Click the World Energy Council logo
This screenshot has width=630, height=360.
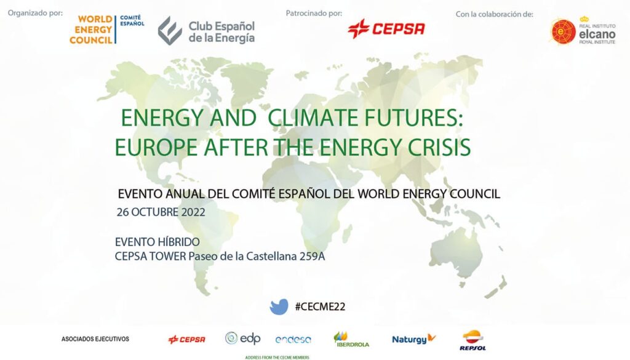click(107, 30)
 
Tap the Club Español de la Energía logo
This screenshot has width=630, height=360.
click(206, 31)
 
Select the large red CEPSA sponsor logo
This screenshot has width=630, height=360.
click(386, 28)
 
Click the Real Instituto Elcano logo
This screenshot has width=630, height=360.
click(583, 31)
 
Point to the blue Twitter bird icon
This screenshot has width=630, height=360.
click(279, 306)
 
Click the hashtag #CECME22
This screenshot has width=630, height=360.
click(320, 306)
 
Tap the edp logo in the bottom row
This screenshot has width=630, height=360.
click(242, 338)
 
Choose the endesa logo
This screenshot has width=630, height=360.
click(293, 340)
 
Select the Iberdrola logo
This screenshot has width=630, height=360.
click(351, 340)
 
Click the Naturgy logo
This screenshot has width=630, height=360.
click(413, 339)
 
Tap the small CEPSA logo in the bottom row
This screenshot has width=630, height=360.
click(187, 340)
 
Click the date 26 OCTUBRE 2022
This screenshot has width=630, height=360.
click(161, 212)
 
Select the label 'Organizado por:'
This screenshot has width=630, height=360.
click(35, 13)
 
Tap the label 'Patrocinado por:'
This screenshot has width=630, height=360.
click(314, 14)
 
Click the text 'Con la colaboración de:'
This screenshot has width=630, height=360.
click(494, 14)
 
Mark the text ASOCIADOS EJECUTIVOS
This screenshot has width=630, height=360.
click(95, 339)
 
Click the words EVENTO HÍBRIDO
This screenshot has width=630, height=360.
click(157, 242)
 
